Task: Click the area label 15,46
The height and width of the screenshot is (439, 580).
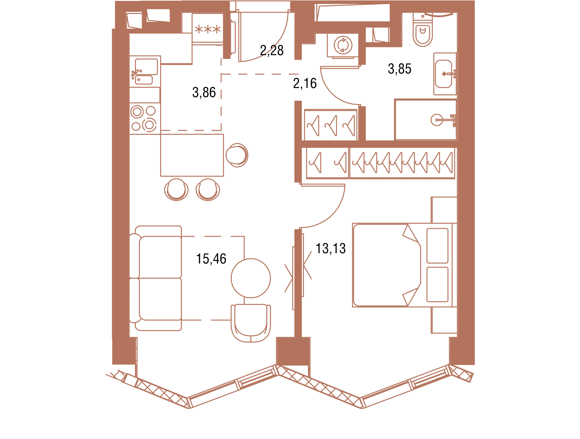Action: tap(211, 259)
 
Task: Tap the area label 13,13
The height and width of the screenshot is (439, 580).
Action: tap(330, 249)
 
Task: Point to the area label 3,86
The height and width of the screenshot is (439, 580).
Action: tap(204, 93)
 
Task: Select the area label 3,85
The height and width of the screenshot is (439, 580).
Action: tap(399, 69)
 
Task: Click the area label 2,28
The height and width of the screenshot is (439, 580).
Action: tap(272, 51)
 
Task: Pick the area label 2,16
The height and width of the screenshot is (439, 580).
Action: tap(305, 84)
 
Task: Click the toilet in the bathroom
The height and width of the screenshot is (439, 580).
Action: tap(423, 30)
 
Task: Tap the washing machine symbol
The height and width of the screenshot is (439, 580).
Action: tap(343, 45)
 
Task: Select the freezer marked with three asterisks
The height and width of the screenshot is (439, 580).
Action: tap(208, 29)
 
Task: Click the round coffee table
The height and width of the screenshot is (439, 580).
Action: tap(251, 278)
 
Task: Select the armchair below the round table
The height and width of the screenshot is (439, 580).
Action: tap(251, 323)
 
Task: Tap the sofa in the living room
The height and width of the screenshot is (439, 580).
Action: tap(156, 278)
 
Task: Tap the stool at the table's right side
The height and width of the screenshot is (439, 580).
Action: tap(237, 155)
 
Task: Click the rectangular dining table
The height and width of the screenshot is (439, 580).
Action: tap(192, 155)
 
